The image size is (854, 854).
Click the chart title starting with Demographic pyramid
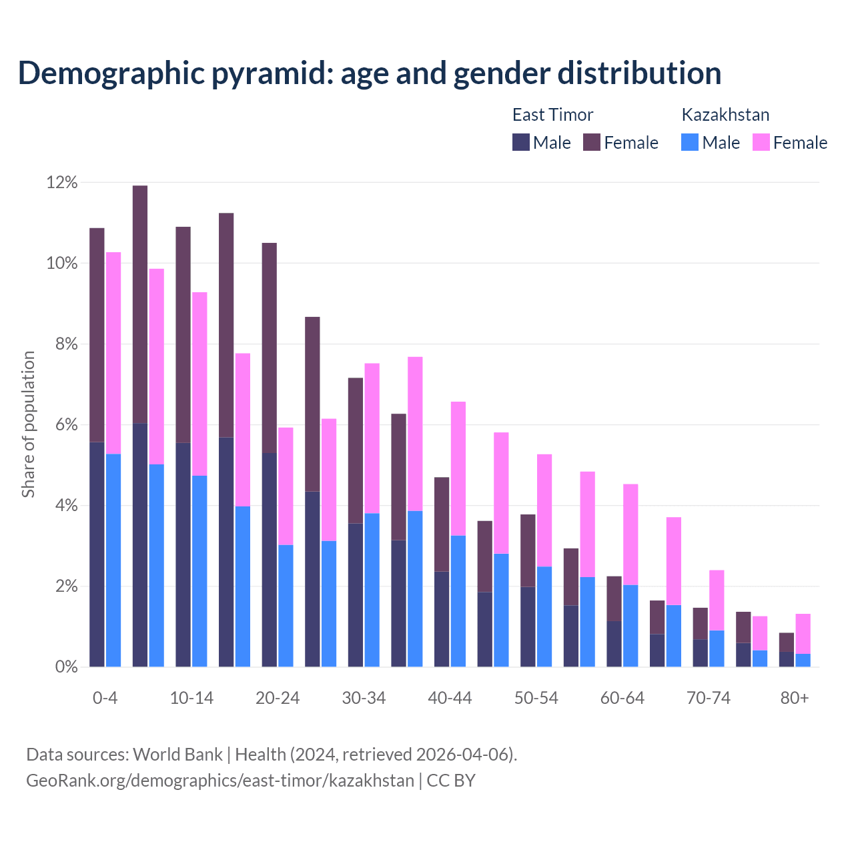coord(370,73)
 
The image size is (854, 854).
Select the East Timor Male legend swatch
coord(521,142)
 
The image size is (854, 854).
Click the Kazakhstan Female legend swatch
coord(761,142)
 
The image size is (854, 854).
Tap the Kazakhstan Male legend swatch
coord(690,142)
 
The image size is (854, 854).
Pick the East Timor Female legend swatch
coord(592,142)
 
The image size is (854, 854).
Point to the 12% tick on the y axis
coord(62,182)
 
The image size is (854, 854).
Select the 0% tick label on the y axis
coord(66,667)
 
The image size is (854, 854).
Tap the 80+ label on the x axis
coord(794,698)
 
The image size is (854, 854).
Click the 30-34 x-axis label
coord(364,698)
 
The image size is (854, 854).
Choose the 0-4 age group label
coord(105,698)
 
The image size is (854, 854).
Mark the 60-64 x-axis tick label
coord(622,698)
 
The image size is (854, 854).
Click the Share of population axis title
coord(28,424)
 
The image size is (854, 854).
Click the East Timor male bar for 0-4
coord(97,554)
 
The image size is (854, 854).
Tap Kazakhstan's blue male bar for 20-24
coord(286,606)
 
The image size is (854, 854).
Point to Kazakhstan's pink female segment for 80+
coord(803,633)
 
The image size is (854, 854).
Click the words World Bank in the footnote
coord(177,755)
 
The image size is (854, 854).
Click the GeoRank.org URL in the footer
coord(220,781)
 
